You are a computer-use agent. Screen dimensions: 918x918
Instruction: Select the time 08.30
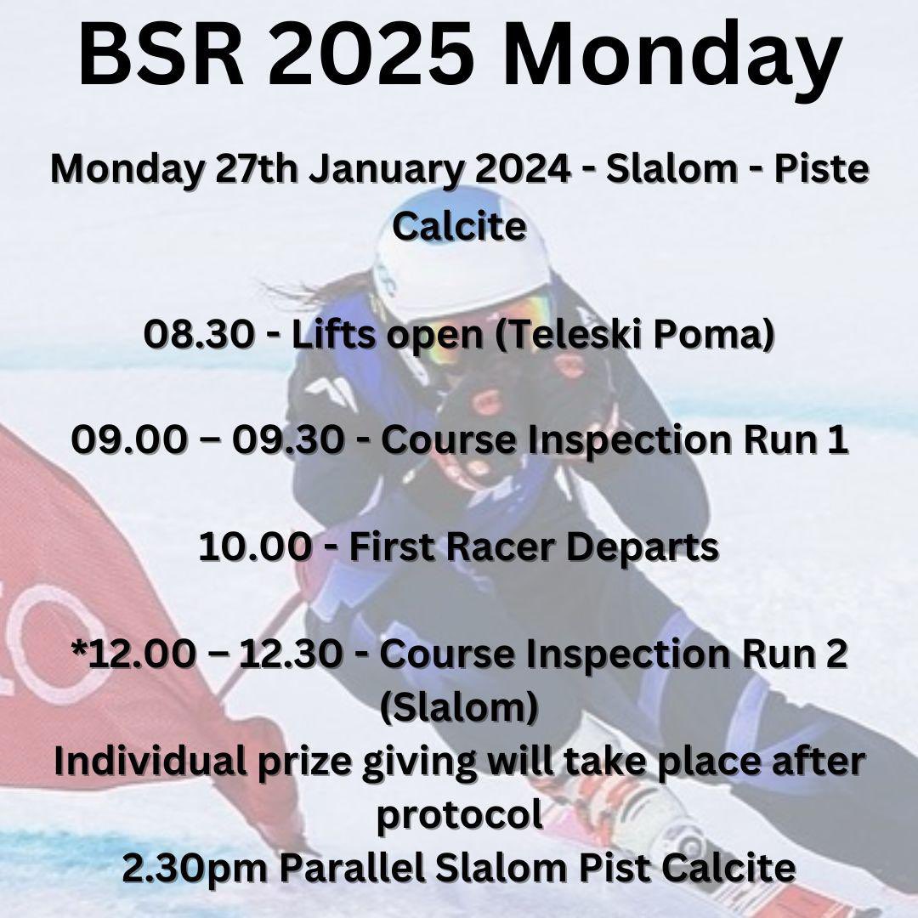tap(198, 336)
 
